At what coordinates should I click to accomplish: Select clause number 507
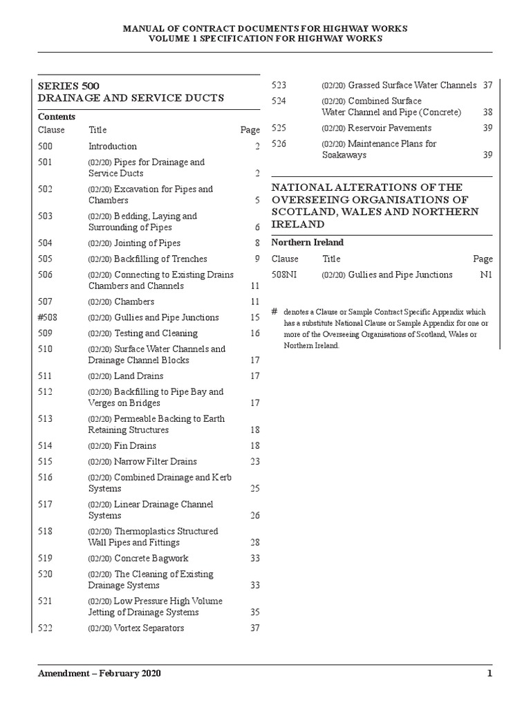coord(46,301)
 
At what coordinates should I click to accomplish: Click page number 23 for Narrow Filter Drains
coord(254,462)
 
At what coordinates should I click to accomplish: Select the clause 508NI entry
coord(284,274)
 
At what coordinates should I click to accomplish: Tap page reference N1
coord(486,274)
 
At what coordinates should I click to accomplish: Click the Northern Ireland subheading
coord(307,243)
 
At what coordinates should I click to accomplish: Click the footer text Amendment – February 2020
coord(100,674)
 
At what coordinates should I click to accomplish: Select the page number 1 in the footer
coord(490,674)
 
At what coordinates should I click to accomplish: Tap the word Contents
coord(57,116)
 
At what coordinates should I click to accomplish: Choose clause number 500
coord(46,146)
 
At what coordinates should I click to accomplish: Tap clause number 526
coord(279,144)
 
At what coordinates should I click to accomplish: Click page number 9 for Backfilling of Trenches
coord(257,259)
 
